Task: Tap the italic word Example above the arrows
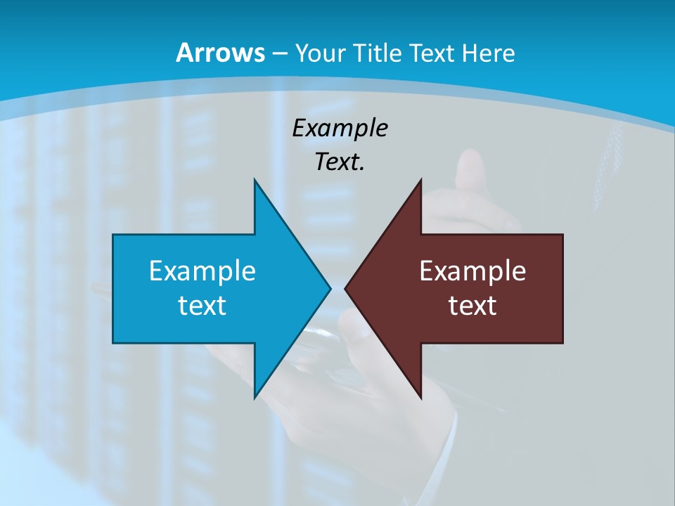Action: pos(340,129)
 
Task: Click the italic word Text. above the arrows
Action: pos(338,162)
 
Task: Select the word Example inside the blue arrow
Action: pos(202,271)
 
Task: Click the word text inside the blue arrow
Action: pos(202,305)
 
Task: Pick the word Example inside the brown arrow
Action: pos(472,271)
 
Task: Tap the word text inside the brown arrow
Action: pos(472,305)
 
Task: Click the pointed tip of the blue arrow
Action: pos(330,287)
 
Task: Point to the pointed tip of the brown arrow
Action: pos(346,287)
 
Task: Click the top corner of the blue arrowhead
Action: pos(255,180)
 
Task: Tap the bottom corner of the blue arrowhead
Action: pos(255,397)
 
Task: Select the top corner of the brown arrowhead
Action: pos(420,180)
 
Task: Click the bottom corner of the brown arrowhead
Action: pos(420,397)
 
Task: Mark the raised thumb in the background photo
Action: pos(468,169)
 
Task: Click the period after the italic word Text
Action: pos(362,169)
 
